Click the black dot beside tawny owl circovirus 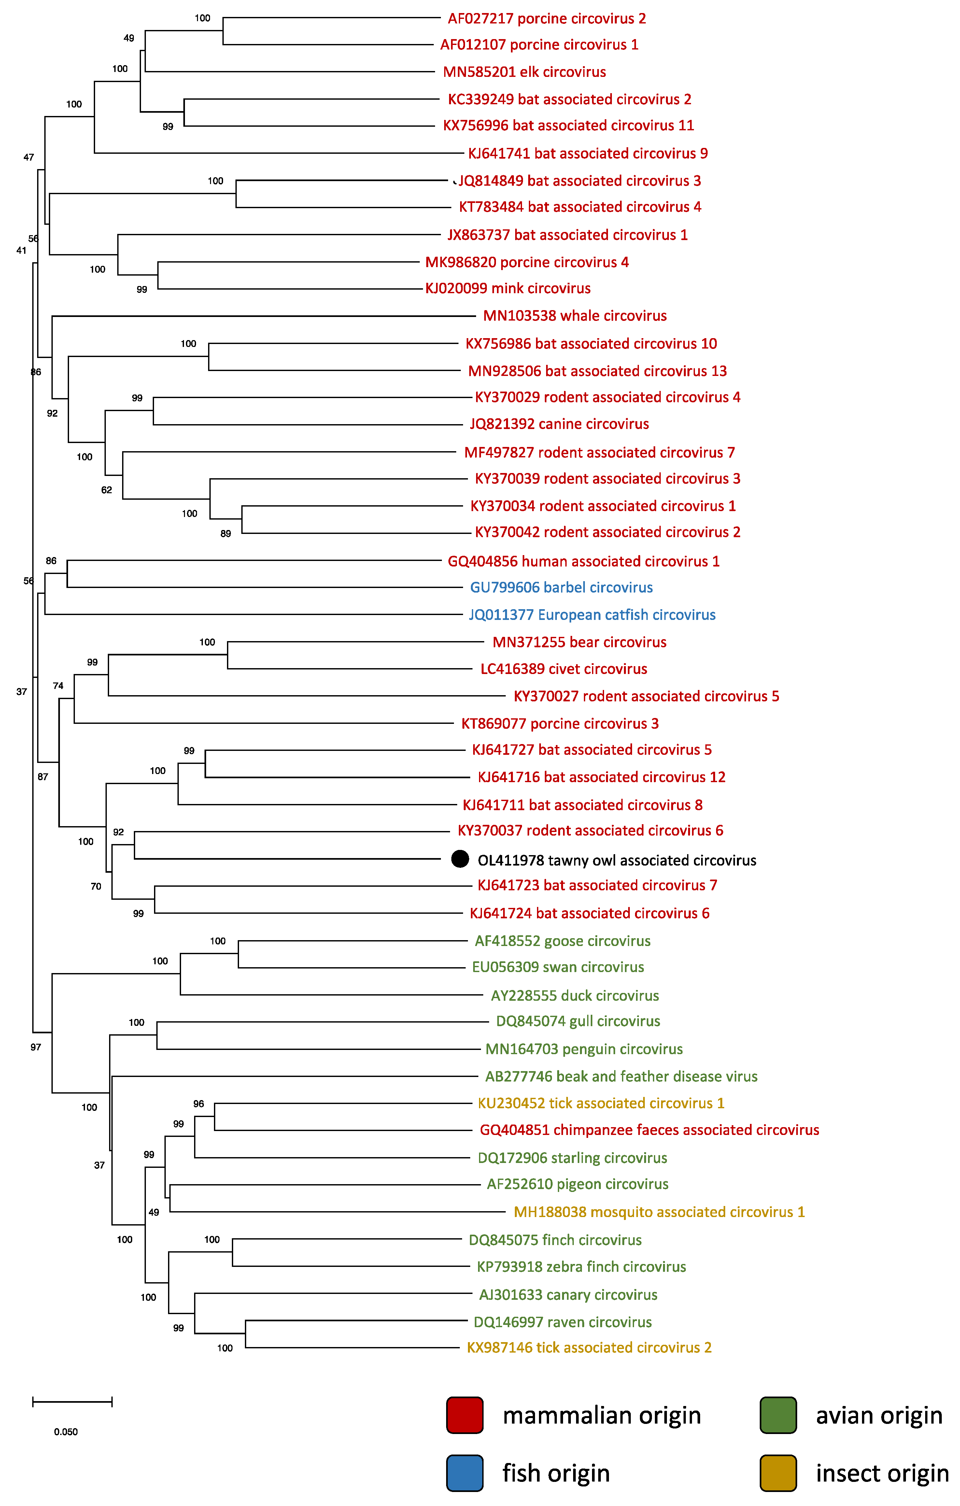[460, 859]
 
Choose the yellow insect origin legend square [778, 1473]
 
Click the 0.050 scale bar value [66, 1432]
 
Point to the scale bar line [72, 1402]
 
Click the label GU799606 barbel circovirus [561, 587]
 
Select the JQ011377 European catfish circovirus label [592, 615]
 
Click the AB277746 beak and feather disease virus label [621, 1076]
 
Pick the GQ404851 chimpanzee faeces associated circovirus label [649, 1130]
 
